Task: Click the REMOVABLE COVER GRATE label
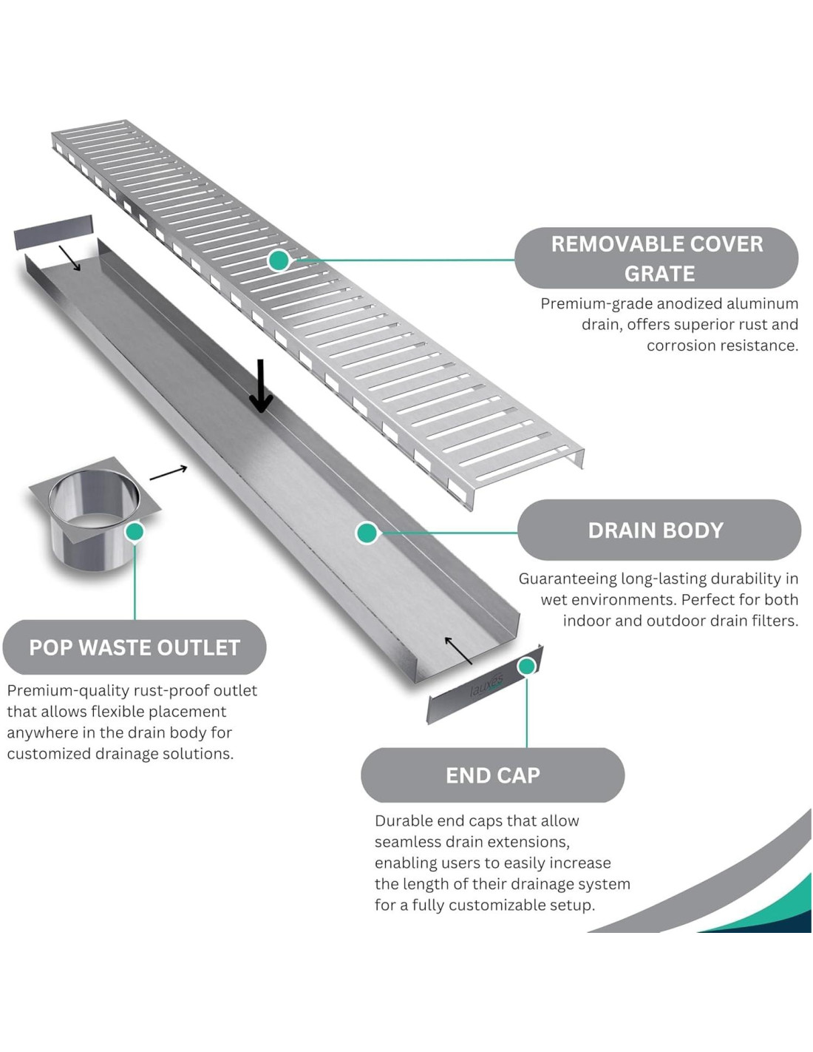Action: (x=656, y=258)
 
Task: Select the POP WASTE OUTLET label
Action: (x=135, y=647)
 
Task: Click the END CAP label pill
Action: (x=493, y=775)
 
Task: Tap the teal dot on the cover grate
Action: (x=279, y=260)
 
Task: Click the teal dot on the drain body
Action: (x=367, y=532)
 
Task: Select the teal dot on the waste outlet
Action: (x=135, y=531)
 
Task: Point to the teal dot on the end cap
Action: (x=526, y=667)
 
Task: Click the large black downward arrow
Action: (x=260, y=385)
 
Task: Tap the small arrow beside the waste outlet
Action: (x=169, y=473)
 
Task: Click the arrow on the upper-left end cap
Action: (x=70, y=258)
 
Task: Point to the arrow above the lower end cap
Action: (x=458, y=650)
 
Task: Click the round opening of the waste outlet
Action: (x=93, y=497)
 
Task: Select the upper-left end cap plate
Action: (x=53, y=232)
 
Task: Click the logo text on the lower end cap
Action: (x=486, y=685)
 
